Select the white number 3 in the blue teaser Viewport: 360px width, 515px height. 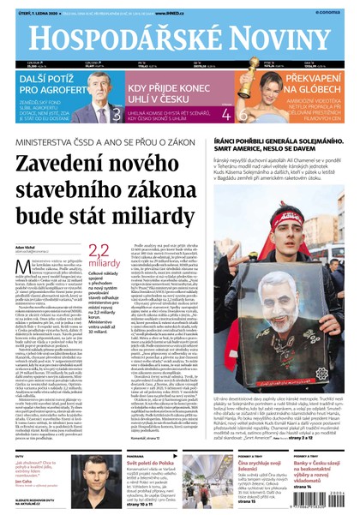click(x=117, y=113)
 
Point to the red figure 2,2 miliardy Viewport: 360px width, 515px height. click(x=99, y=255)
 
